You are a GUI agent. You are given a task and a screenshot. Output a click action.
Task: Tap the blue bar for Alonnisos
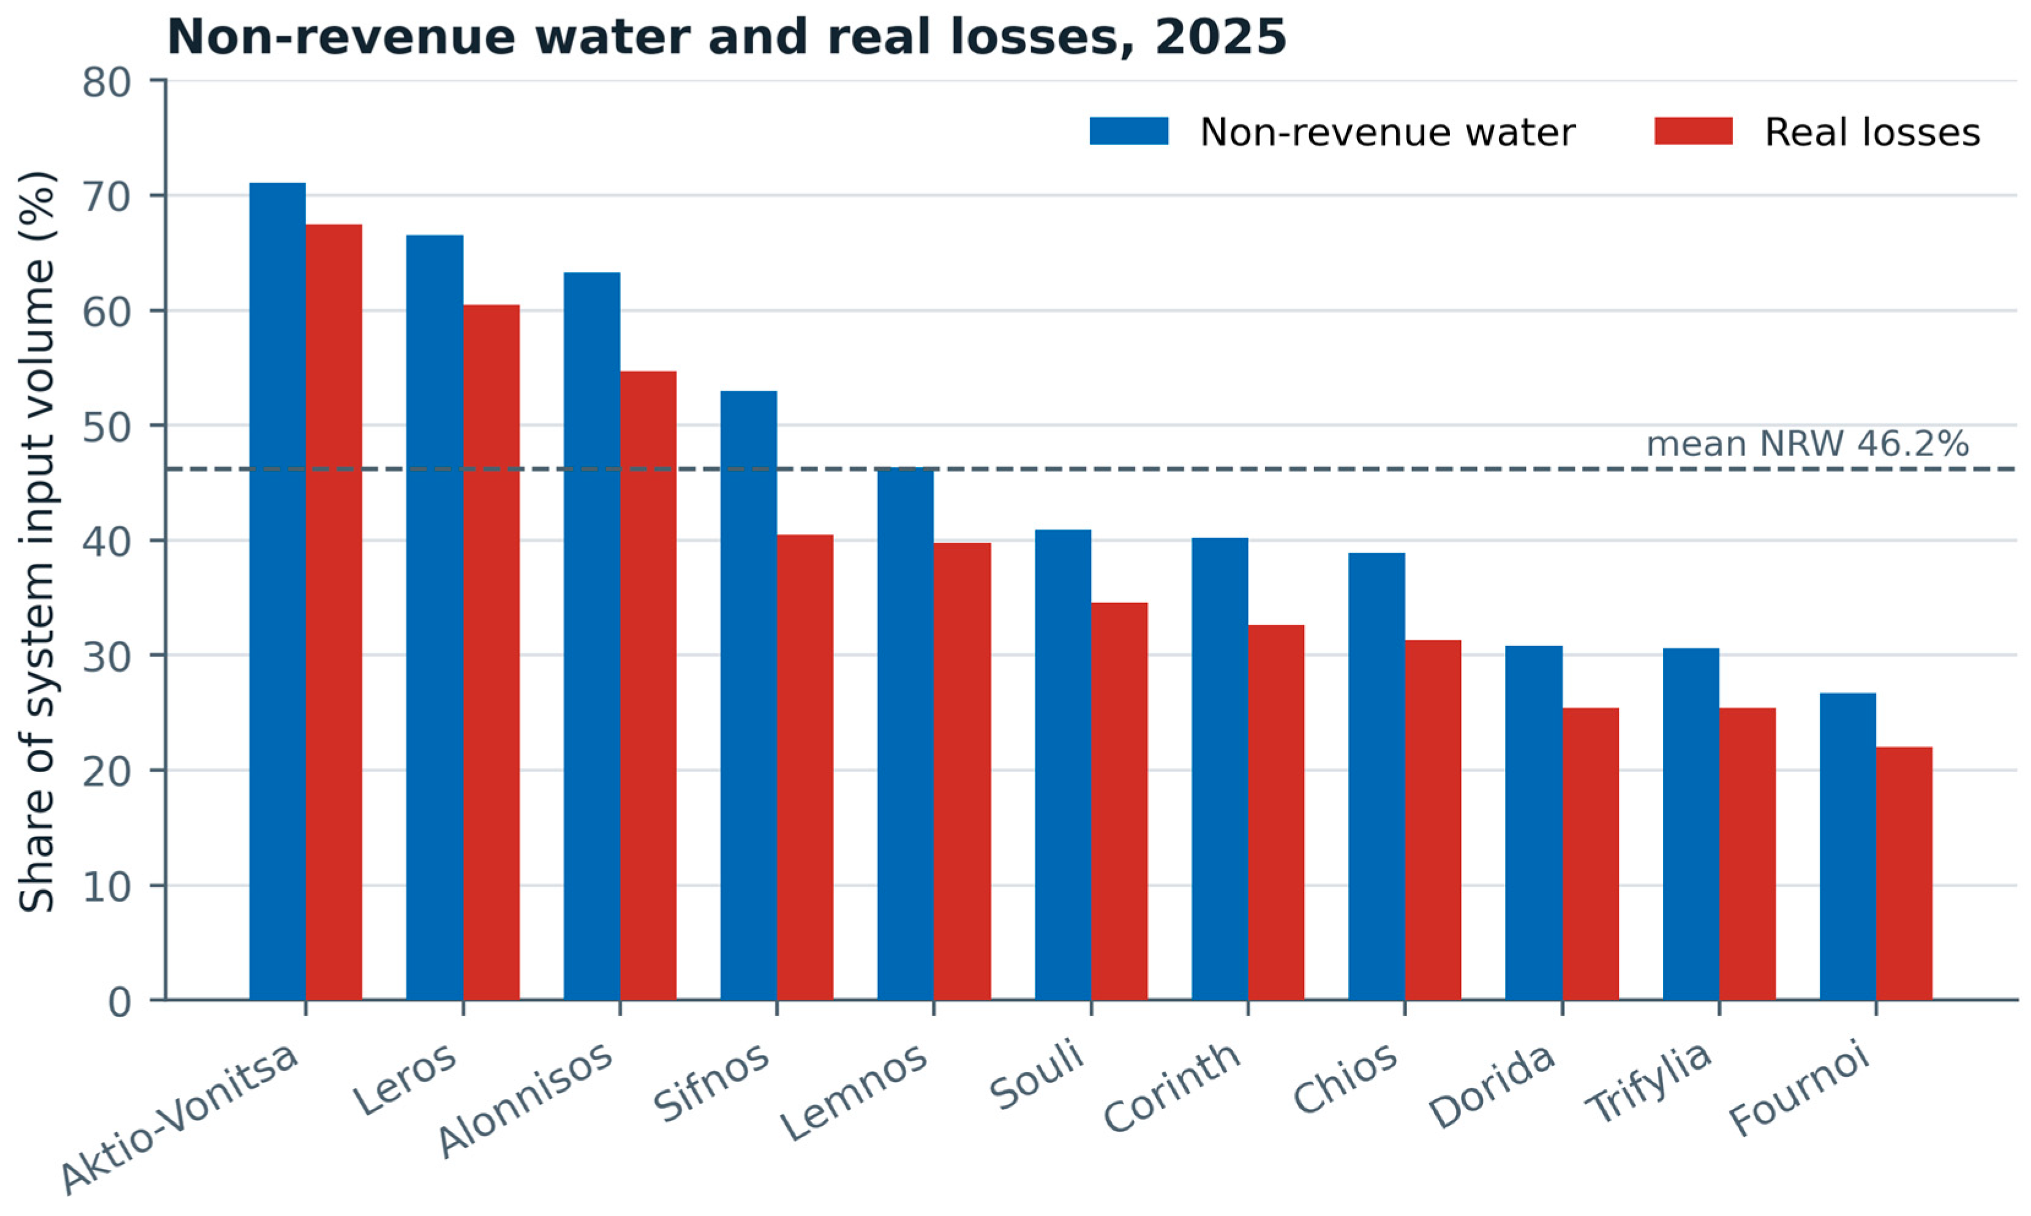tap(591, 636)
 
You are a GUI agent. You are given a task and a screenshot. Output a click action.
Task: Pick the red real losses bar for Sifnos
tap(805, 767)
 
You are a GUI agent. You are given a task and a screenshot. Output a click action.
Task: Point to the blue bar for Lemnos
tap(906, 734)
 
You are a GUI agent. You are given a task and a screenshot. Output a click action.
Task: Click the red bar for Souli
tap(1119, 801)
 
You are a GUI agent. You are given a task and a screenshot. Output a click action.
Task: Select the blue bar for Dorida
tap(1534, 823)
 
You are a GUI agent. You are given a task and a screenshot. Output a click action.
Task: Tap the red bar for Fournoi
tap(1904, 874)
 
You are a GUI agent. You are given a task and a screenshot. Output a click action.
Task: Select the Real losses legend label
tap(1872, 132)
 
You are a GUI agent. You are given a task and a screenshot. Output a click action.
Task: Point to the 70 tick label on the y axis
tap(107, 197)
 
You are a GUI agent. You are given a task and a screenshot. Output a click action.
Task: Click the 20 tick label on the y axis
tap(107, 771)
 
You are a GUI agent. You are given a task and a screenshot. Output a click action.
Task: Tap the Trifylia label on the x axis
tap(1648, 1083)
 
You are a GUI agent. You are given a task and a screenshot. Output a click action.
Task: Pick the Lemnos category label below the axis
tap(854, 1092)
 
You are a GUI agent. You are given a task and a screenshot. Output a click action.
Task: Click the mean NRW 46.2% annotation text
tap(1808, 444)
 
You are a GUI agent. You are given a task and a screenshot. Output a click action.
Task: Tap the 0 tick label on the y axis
tap(119, 1001)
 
